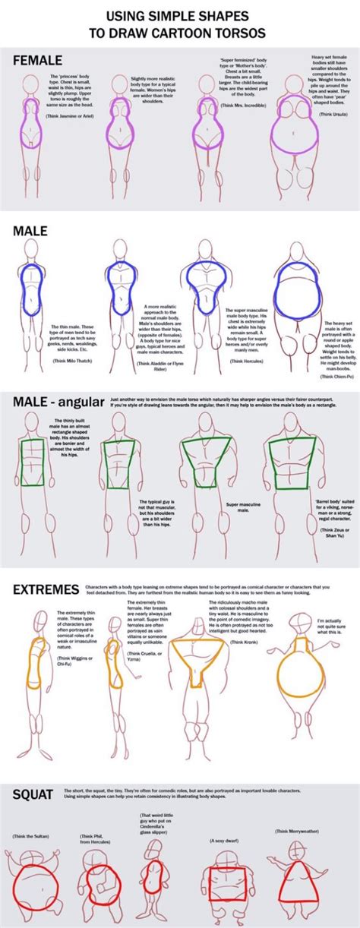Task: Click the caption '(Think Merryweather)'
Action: (301, 832)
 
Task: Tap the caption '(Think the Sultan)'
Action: (31, 836)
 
